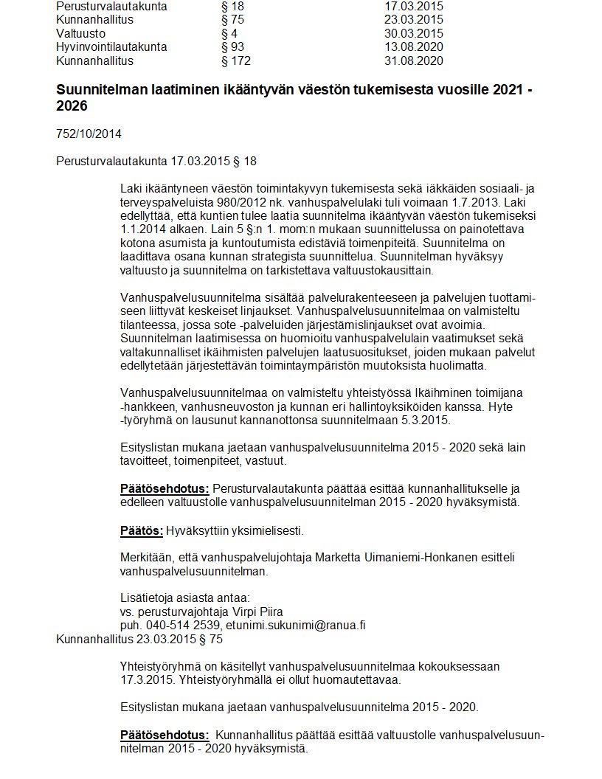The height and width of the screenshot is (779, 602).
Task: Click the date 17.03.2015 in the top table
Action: click(413, 6)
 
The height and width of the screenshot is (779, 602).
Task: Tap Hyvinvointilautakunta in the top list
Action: click(111, 46)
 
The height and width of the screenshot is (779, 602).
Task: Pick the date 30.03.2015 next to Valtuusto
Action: click(413, 33)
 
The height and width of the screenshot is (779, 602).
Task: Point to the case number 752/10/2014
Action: click(89, 134)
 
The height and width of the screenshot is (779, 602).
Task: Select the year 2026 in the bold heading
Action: click(72, 106)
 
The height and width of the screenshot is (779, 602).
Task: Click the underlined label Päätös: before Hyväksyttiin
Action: click(141, 531)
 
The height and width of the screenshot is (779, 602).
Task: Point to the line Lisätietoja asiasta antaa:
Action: click(185, 598)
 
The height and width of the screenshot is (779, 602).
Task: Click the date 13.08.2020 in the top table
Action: click(413, 46)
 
